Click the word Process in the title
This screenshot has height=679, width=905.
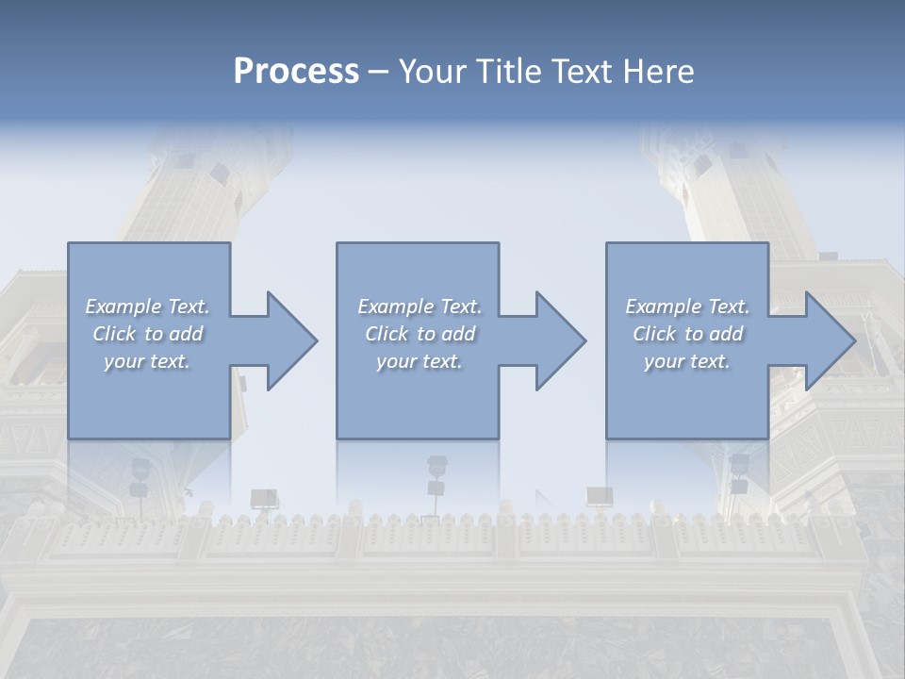tap(296, 72)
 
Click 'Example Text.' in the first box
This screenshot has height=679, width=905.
tap(147, 306)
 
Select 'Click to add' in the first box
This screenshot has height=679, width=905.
tap(147, 334)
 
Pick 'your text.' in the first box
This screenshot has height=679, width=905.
tap(147, 361)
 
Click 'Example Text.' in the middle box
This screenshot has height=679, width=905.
tap(420, 306)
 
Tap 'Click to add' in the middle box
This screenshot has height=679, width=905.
tap(420, 334)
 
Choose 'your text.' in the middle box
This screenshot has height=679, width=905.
tap(420, 361)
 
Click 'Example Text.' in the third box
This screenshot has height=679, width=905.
tap(687, 306)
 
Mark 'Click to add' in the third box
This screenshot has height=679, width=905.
tap(687, 334)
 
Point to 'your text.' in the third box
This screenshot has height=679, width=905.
tap(687, 361)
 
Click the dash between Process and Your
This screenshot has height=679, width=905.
tap(378, 72)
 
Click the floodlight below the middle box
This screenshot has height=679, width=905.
tap(436, 465)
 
